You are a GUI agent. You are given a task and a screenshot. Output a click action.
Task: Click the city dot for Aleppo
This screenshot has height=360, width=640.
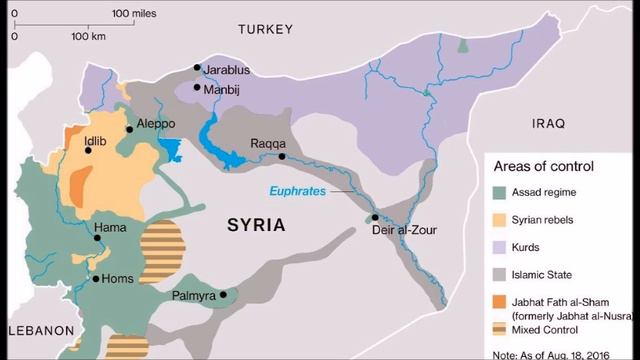click(129, 129)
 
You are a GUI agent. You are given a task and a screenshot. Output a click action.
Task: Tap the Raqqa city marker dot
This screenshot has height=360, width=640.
click(282, 157)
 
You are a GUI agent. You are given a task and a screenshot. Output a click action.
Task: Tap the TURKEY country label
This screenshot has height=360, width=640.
click(264, 31)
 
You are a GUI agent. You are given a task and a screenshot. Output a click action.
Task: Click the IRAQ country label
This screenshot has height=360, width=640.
click(549, 123)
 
